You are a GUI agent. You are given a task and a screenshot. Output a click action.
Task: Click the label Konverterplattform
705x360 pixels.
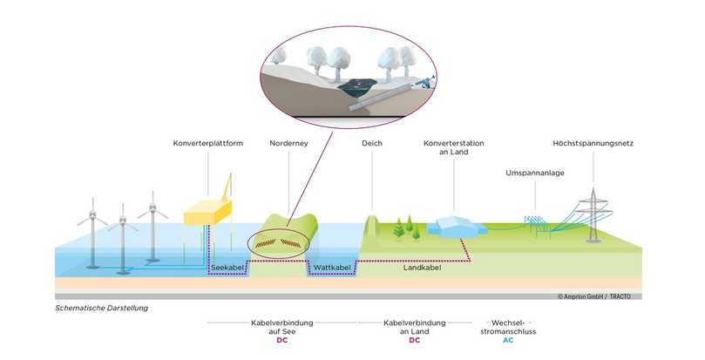[x=207, y=142]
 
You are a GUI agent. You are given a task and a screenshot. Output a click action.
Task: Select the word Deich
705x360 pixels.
[x=371, y=142]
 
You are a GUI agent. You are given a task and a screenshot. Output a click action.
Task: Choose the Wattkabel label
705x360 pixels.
[x=331, y=267]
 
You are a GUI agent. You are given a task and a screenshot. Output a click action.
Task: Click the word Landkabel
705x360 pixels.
[x=422, y=267]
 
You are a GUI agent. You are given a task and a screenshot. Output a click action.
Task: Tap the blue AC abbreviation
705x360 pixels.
[x=508, y=341]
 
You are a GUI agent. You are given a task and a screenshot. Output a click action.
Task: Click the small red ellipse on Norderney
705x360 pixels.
[x=279, y=244]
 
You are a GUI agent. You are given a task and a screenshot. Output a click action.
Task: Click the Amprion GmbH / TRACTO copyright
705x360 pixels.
[x=599, y=296]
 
